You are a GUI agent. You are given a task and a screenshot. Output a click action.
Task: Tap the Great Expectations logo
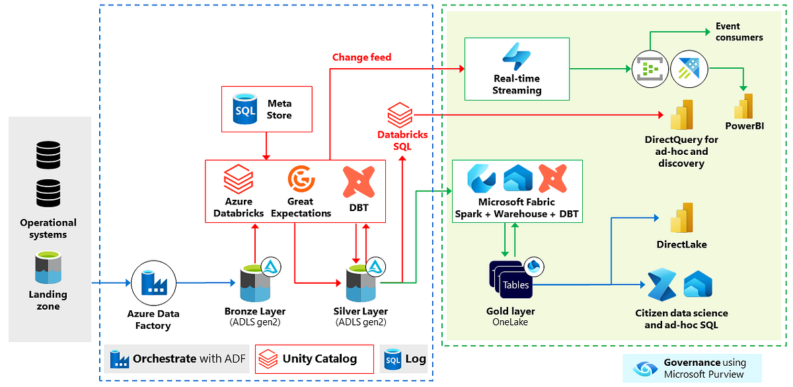coord(301,179)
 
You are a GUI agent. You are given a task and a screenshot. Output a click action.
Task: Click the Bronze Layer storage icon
coord(255,283)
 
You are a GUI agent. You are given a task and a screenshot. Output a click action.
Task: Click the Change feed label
coord(361,58)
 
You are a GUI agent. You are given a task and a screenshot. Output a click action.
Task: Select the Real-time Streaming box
coord(516,69)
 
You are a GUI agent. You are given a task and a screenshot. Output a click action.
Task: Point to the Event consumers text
coord(739,32)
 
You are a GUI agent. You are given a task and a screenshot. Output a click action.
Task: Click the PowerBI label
coord(744,126)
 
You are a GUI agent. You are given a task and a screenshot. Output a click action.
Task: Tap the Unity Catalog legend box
coord(314,359)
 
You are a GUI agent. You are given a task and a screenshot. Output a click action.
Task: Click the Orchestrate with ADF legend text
coord(189,359)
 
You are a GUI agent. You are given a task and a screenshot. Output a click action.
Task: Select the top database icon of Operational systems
coord(48,154)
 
